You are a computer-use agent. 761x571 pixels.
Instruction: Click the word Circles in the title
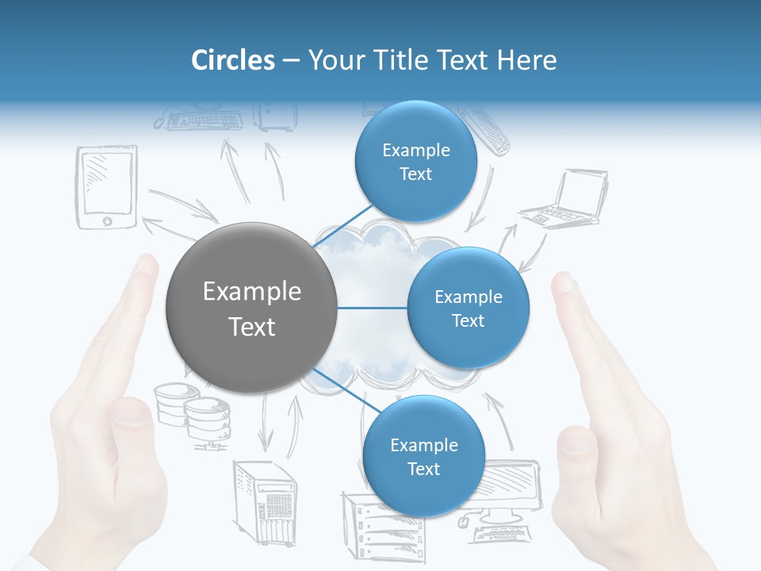coord(232,59)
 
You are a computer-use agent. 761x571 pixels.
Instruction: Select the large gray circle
coord(251,308)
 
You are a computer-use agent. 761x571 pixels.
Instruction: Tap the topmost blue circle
coord(415,162)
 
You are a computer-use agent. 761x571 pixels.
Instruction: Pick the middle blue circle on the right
coord(468,308)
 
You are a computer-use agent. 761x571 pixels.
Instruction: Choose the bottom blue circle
coord(423,456)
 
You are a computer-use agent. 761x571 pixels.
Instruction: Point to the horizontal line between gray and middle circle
coord(373,308)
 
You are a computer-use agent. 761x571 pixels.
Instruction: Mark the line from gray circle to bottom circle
coord(341,389)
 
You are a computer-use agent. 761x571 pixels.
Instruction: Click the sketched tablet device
coord(106,189)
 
